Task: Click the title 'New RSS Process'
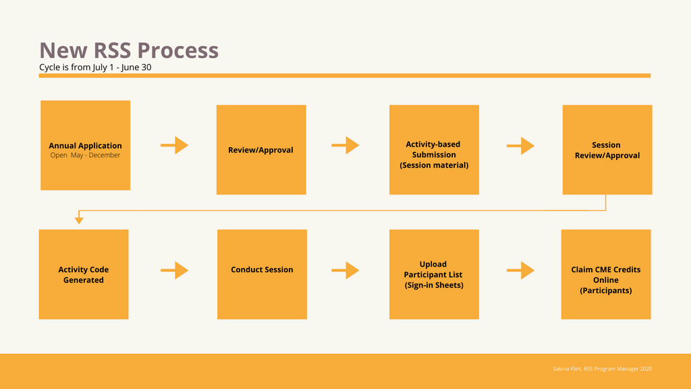pyautogui.click(x=128, y=50)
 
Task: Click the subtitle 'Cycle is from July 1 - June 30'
pyautogui.click(x=99, y=68)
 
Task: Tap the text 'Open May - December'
pyautogui.click(x=85, y=155)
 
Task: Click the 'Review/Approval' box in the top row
pyautogui.click(x=260, y=150)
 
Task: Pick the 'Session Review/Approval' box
pyautogui.click(x=607, y=150)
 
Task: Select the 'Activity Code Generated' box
pyautogui.click(x=83, y=274)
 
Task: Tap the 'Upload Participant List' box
pyautogui.click(x=434, y=274)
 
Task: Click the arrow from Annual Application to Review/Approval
pyautogui.click(x=174, y=145)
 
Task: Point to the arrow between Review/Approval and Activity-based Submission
pyautogui.click(x=345, y=145)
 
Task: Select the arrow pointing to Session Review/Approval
pyautogui.click(x=520, y=145)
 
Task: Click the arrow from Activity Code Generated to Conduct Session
pyautogui.click(x=174, y=270)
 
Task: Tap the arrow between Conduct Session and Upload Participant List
pyautogui.click(x=345, y=270)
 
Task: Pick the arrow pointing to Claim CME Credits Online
pyautogui.click(x=520, y=270)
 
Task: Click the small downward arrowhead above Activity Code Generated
pyautogui.click(x=79, y=219)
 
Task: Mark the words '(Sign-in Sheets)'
pyautogui.click(x=433, y=285)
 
